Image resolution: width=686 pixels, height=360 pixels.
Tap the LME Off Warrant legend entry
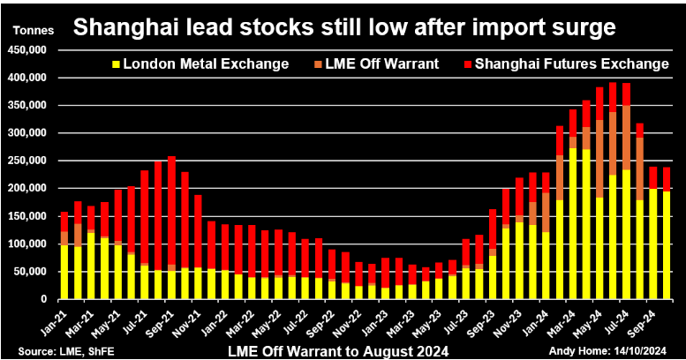pyautogui.click(x=383, y=64)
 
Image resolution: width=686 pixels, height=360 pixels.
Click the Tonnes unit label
pyautogui.click(x=33, y=31)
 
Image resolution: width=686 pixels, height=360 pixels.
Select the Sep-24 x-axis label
pyautogui.click(x=660, y=319)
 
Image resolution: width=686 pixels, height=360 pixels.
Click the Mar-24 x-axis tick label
pyautogui.click(x=581, y=319)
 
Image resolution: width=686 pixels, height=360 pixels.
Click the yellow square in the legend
pyautogui.click(x=116, y=64)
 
